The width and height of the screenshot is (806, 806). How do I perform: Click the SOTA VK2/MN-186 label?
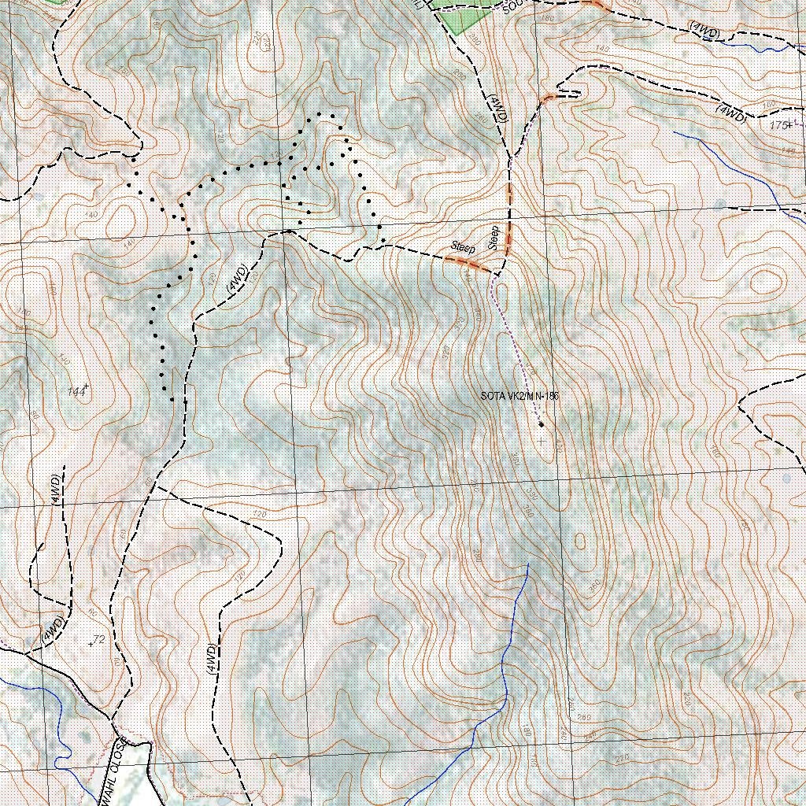click(519, 395)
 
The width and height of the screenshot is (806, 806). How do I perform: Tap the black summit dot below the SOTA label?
click(542, 425)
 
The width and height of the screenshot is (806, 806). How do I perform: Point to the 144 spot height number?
click(76, 391)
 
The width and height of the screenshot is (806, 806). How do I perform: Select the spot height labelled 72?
click(98, 639)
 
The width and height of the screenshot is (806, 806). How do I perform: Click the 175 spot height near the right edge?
click(779, 125)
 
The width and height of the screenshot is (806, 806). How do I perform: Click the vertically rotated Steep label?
click(494, 238)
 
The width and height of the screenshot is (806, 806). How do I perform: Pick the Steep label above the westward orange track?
click(464, 246)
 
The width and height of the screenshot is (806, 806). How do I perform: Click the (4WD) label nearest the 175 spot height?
click(731, 113)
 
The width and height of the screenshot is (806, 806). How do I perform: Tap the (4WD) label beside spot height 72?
click(52, 628)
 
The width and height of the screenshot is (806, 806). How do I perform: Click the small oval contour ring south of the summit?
click(580, 542)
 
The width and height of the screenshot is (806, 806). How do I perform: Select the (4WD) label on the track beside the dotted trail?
click(238, 280)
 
